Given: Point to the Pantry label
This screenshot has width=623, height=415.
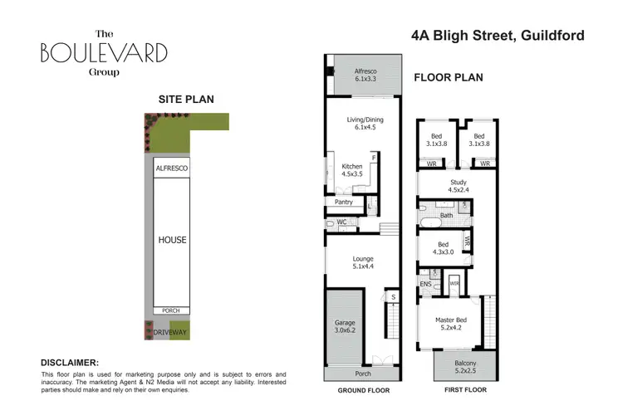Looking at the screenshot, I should pos(343,202).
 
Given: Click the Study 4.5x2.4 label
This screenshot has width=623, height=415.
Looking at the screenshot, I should pos(459,185).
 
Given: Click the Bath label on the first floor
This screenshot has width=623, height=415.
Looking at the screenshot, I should pos(447,216).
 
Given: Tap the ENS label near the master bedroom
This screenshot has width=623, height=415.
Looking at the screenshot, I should pos(425,285).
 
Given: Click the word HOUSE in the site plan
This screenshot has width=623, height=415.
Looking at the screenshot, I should pos(173,241).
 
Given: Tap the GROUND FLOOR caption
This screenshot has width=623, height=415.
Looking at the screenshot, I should pos(364,389).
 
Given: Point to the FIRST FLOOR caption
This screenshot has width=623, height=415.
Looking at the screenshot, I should pos(464,389).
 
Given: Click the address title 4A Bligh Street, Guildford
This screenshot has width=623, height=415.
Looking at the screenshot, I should pos(498,36).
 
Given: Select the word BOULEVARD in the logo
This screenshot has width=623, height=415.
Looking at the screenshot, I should pos(104,53).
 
